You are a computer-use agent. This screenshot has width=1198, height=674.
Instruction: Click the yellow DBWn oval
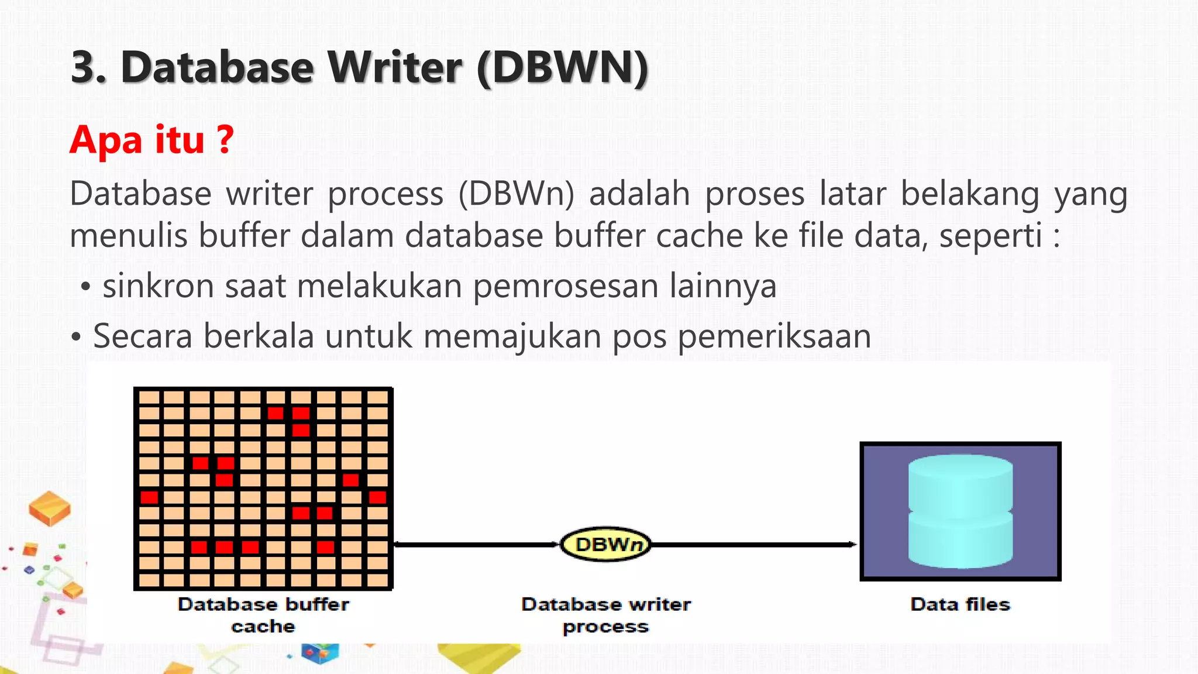click(606, 544)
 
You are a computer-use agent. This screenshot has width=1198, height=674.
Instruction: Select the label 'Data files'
click(960, 604)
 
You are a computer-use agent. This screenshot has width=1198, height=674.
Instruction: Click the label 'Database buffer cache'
click(263, 615)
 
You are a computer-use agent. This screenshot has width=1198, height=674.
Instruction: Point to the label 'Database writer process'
click(606, 615)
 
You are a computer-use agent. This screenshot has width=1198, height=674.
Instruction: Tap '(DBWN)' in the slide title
click(563, 68)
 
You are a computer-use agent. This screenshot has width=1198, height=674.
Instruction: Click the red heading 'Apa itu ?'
click(152, 140)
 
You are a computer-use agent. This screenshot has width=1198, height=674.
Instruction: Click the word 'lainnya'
click(722, 286)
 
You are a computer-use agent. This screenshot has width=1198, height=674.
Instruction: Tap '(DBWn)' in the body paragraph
click(516, 194)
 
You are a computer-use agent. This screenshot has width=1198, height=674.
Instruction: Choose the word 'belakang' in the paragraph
click(969, 194)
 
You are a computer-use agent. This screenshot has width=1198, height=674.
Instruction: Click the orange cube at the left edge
click(50, 508)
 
